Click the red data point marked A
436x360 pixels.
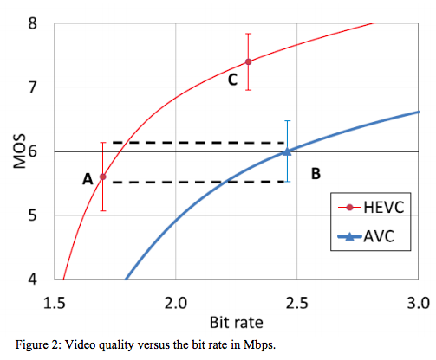click(103, 177)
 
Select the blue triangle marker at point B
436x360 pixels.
click(287, 151)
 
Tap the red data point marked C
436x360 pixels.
click(249, 61)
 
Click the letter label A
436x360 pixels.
click(87, 179)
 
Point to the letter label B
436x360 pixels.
click(316, 174)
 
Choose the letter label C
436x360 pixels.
click(232, 80)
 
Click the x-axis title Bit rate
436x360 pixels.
click(235, 321)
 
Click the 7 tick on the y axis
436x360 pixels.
click(32, 87)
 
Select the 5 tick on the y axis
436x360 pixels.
click(32, 215)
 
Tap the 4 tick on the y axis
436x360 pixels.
click(32, 280)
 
